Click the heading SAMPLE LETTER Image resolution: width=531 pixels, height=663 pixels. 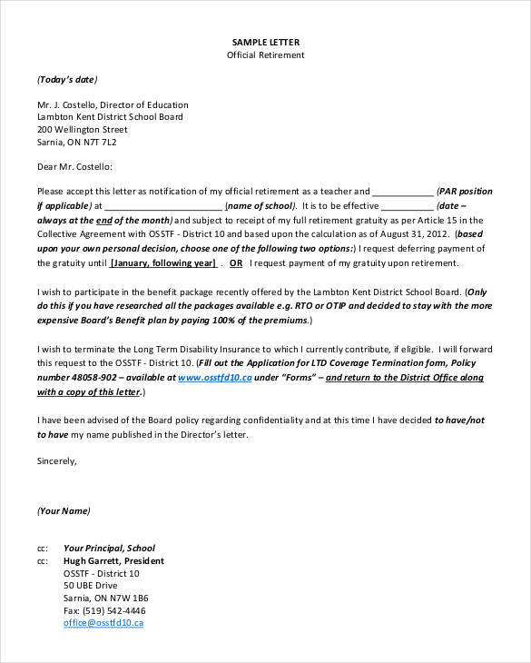coord(265,42)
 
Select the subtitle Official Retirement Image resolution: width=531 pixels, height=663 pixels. coord(265,54)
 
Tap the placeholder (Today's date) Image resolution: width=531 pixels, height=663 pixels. coord(67,79)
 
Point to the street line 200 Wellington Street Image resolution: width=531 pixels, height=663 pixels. coord(83,130)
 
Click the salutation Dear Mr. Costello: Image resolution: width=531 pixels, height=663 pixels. coord(75,167)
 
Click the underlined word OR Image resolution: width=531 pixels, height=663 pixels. coord(236,263)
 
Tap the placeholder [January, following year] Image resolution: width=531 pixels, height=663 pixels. coord(163,263)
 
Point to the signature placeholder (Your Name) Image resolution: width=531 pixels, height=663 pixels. coord(64,511)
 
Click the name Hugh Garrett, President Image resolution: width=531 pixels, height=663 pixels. coord(113,561)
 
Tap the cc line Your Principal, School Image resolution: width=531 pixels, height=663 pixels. coord(109,549)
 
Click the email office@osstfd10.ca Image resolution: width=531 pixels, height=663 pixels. coord(103,623)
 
